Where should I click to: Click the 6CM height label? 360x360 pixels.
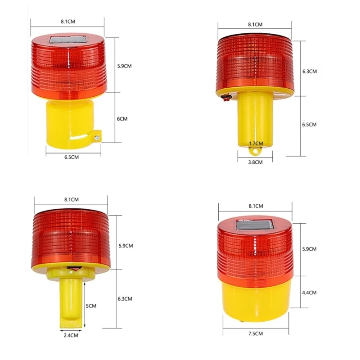pos(122,119)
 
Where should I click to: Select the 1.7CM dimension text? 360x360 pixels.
pos(255,144)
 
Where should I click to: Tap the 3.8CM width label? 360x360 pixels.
pos(255,162)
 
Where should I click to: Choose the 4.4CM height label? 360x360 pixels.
pos(310,292)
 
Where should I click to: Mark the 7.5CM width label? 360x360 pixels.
pos(255,333)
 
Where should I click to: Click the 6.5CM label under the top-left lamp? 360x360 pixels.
pos(72,157)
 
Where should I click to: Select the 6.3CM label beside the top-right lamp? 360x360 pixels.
pos(310,72)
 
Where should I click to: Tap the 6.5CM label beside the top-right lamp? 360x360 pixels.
pos(310,124)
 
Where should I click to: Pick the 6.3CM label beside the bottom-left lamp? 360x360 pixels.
pos(125,298)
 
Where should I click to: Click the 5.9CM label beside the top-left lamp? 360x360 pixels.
pos(125,66)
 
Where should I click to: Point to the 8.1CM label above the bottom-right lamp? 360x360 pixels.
pos(255,206)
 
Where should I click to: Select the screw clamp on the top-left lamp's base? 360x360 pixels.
pos(97,136)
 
